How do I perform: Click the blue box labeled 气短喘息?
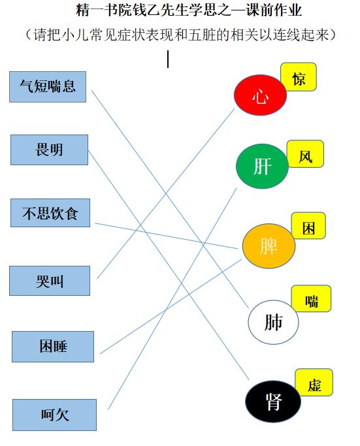(x=48, y=87)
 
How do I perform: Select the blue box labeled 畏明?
(x=49, y=150)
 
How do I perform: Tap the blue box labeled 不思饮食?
(x=50, y=213)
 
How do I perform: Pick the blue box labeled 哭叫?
(x=50, y=281)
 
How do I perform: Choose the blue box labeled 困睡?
(x=53, y=347)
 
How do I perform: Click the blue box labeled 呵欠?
(x=55, y=415)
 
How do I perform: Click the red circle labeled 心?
(x=260, y=95)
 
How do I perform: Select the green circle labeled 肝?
(x=262, y=167)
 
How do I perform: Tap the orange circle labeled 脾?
(x=269, y=246)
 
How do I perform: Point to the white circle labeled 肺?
(x=273, y=323)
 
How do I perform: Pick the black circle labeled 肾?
(x=273, y=402)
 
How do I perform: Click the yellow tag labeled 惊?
(x=299, y=77)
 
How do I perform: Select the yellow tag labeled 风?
(x=305, y=154)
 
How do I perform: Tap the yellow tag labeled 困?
(x=308, y=225)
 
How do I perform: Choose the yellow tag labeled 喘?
(x=312, y=298)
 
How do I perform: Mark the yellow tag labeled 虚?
(x=314, y=383)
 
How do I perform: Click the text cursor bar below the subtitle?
(x=168, y=59)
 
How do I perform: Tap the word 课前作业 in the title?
(x=274, y=10)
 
